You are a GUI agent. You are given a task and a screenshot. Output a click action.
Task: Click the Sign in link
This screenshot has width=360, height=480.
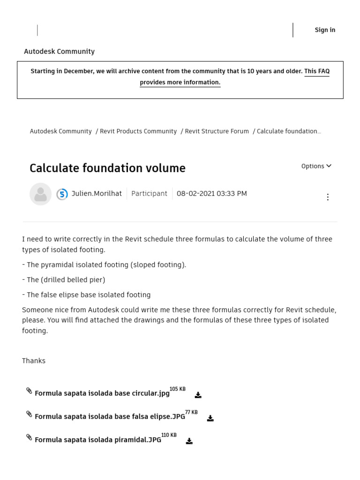325,30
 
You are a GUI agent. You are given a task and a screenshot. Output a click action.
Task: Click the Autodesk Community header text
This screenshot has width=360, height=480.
59,52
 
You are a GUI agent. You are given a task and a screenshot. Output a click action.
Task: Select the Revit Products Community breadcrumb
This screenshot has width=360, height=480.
138,131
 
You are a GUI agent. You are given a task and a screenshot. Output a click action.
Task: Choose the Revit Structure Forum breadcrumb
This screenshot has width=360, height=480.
217,131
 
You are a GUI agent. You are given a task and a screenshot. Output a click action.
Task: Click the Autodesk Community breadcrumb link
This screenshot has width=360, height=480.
60,131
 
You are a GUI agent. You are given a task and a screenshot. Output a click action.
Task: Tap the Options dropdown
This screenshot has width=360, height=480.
316,166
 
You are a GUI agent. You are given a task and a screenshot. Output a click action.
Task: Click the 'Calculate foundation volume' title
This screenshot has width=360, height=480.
107,168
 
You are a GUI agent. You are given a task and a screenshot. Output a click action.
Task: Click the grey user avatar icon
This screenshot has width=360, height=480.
40,194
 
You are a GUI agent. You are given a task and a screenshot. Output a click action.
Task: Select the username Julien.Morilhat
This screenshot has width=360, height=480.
97,194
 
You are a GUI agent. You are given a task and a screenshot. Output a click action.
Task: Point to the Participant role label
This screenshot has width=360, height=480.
149,194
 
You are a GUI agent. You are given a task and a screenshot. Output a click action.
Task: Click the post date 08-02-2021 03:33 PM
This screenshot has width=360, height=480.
211,194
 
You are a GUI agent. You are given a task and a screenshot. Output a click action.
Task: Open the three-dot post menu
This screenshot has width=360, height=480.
328,197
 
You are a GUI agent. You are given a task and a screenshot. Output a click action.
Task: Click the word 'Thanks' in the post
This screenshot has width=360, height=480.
34,361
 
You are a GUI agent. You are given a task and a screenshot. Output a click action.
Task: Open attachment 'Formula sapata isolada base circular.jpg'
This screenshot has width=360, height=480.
102,393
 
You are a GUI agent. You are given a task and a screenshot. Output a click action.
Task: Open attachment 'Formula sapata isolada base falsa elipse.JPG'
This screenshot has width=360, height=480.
110,417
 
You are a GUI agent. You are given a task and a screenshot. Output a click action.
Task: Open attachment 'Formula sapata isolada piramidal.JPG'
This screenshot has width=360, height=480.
97,440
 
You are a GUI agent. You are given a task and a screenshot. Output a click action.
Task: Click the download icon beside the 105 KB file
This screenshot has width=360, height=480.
198,395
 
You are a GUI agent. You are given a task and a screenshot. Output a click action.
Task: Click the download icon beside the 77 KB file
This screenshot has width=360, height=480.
210,418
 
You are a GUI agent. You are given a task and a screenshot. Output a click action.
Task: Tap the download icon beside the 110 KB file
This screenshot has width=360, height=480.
189,441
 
